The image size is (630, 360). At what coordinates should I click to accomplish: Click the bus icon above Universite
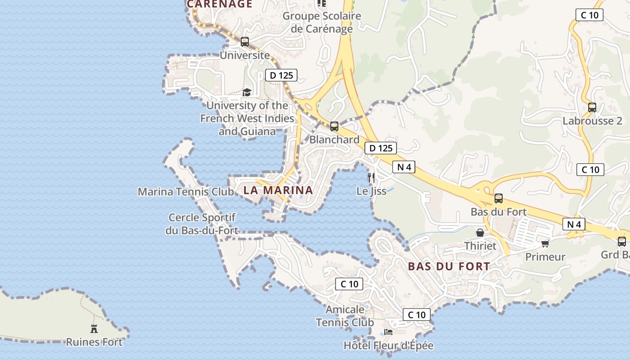245,42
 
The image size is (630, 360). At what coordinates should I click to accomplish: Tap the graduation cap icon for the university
247,92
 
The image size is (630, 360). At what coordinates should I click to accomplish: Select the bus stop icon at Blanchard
334,126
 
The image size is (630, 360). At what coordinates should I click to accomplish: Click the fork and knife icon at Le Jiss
371,177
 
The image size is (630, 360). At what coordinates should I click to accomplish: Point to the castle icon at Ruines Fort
94,328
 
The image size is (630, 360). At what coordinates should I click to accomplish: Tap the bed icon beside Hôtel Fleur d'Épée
388,332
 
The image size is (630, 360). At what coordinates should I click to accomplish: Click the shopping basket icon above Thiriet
480,233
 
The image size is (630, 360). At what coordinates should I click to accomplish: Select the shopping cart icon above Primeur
545,243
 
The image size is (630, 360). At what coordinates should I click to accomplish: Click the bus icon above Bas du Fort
498,198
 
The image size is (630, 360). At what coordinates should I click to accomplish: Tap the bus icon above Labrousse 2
592,108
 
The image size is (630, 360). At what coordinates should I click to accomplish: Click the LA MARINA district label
278,190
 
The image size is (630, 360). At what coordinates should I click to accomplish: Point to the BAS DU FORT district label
449,266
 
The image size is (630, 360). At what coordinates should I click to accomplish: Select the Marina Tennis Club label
186,192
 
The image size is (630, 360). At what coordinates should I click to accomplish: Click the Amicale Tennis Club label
345,316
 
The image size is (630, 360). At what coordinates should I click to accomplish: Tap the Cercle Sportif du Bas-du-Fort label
202,224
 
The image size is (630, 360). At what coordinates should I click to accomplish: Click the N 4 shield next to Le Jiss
404,167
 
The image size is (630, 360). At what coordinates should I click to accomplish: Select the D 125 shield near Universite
281,75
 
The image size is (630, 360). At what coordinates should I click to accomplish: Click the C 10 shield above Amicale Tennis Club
349,284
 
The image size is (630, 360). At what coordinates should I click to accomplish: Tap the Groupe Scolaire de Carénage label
322,22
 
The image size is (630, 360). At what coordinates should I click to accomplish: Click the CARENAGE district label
220,4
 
